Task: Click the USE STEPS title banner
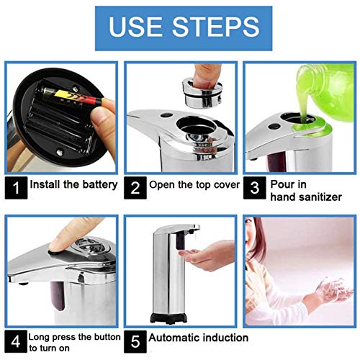point(184,28)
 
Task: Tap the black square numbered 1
point(16,188)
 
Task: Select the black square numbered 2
point(135,188)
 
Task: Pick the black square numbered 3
point(255,188)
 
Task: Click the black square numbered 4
point(16,341)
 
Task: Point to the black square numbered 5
point(135,341)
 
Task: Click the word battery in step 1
point(100,185)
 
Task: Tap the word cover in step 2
point(227,185)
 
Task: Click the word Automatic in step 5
point(174,338)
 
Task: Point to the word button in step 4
point(107,337)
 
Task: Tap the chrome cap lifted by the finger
point(202,92)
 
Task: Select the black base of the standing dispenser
point(168,318)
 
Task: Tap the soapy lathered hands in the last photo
point(333,289)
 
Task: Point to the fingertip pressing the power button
point(56,245)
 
